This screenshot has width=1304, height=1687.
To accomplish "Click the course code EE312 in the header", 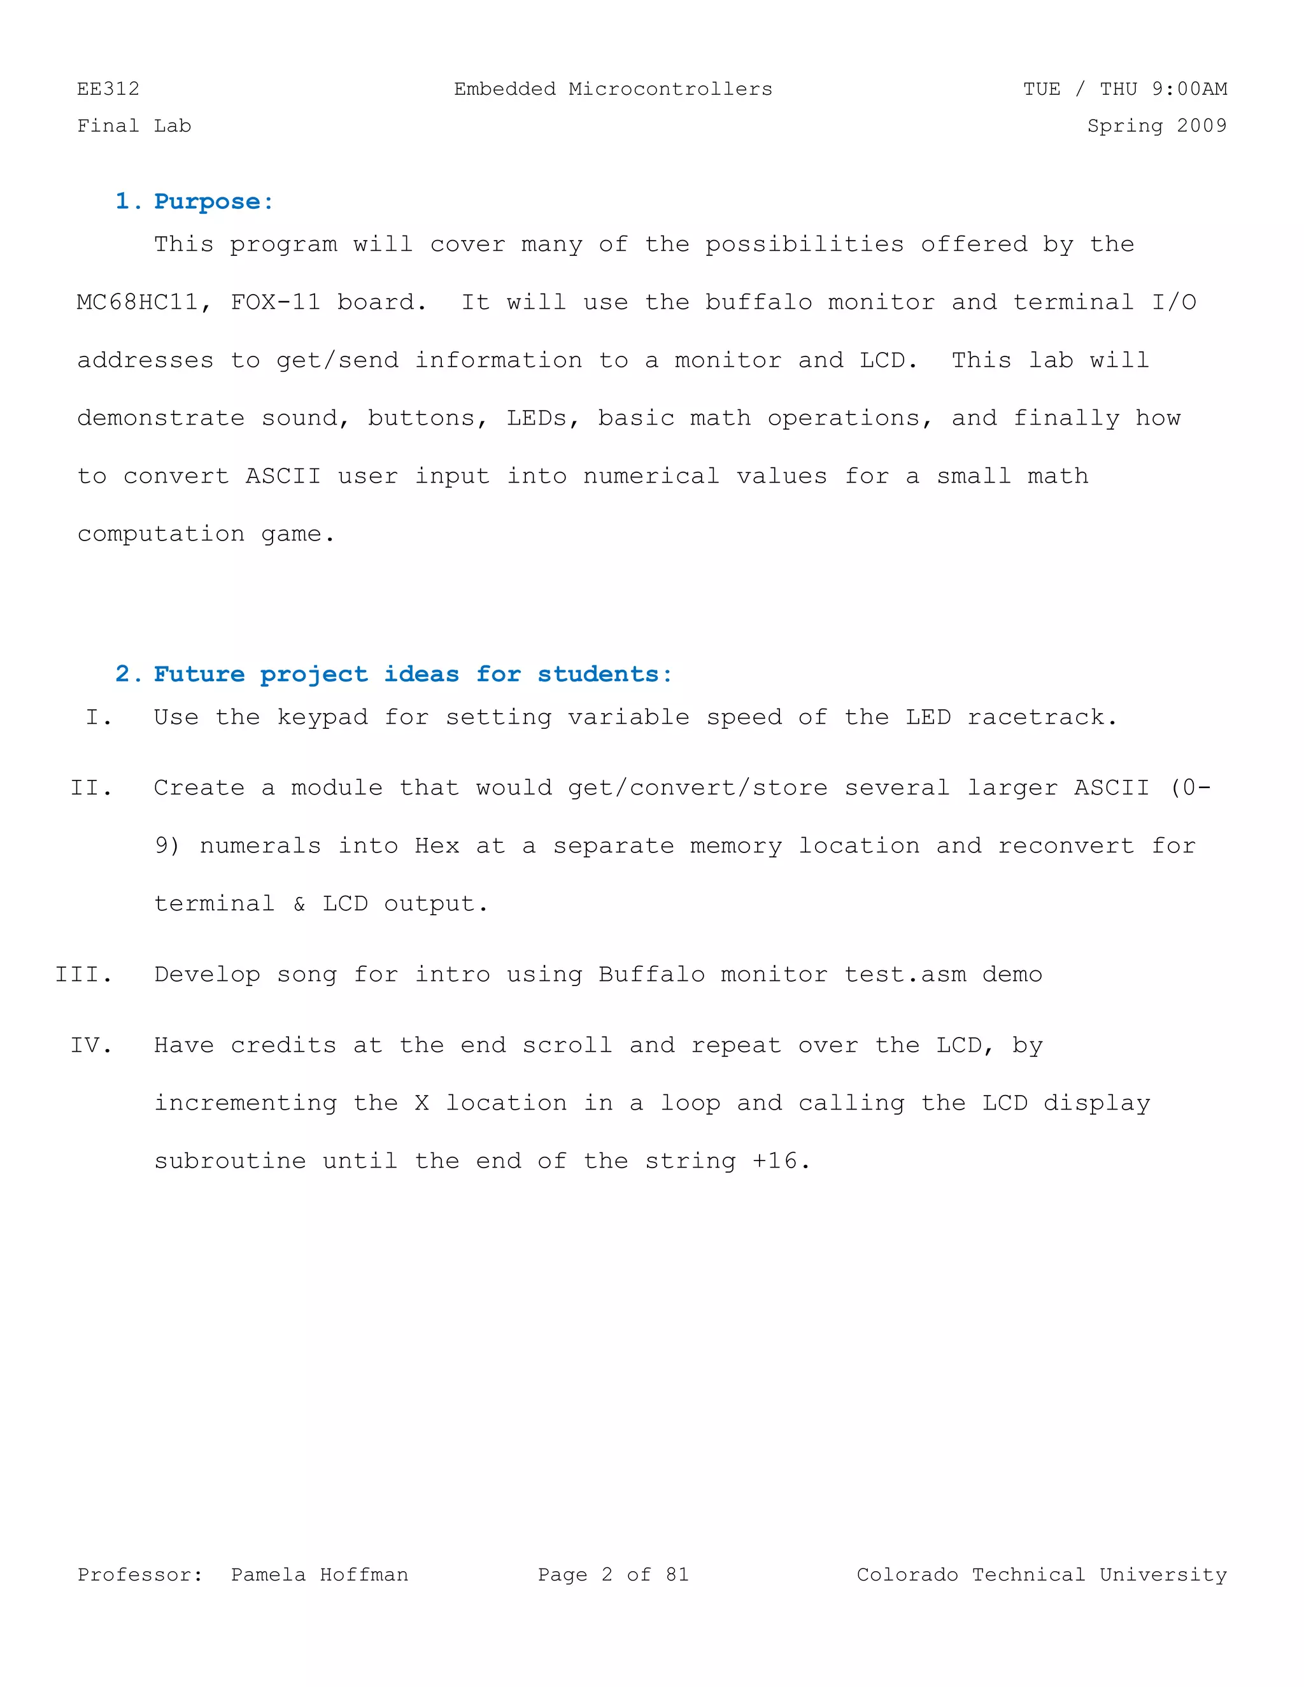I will click(x=108, y=89).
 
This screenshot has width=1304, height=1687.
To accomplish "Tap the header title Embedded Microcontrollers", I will click(x=613, y=89).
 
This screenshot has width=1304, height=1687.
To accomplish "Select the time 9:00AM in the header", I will click(x=1189, y=89).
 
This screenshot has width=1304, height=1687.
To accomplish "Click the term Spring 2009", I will click(x=1156, y=126).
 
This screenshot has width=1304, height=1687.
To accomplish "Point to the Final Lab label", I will click(x=134, y=126).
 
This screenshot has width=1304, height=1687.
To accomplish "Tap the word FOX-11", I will click(x=275, y=302).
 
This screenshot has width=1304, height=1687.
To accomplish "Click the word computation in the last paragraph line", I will click(x=160, y=533).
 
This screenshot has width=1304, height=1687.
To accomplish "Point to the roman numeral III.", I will click(x=83, y=975).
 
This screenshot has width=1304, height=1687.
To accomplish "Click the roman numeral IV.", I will click(x=90, y=1046).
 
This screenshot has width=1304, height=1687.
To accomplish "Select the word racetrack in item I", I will click(x=1041, y=717).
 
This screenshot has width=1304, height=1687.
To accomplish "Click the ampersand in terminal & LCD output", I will click(x=299, y=904).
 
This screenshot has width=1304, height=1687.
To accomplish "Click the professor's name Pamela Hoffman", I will click(x=319, y=1575).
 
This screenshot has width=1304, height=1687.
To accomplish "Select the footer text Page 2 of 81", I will click(x=613, y=1575).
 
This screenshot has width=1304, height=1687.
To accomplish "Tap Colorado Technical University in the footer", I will click(x=1041, y=1575).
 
